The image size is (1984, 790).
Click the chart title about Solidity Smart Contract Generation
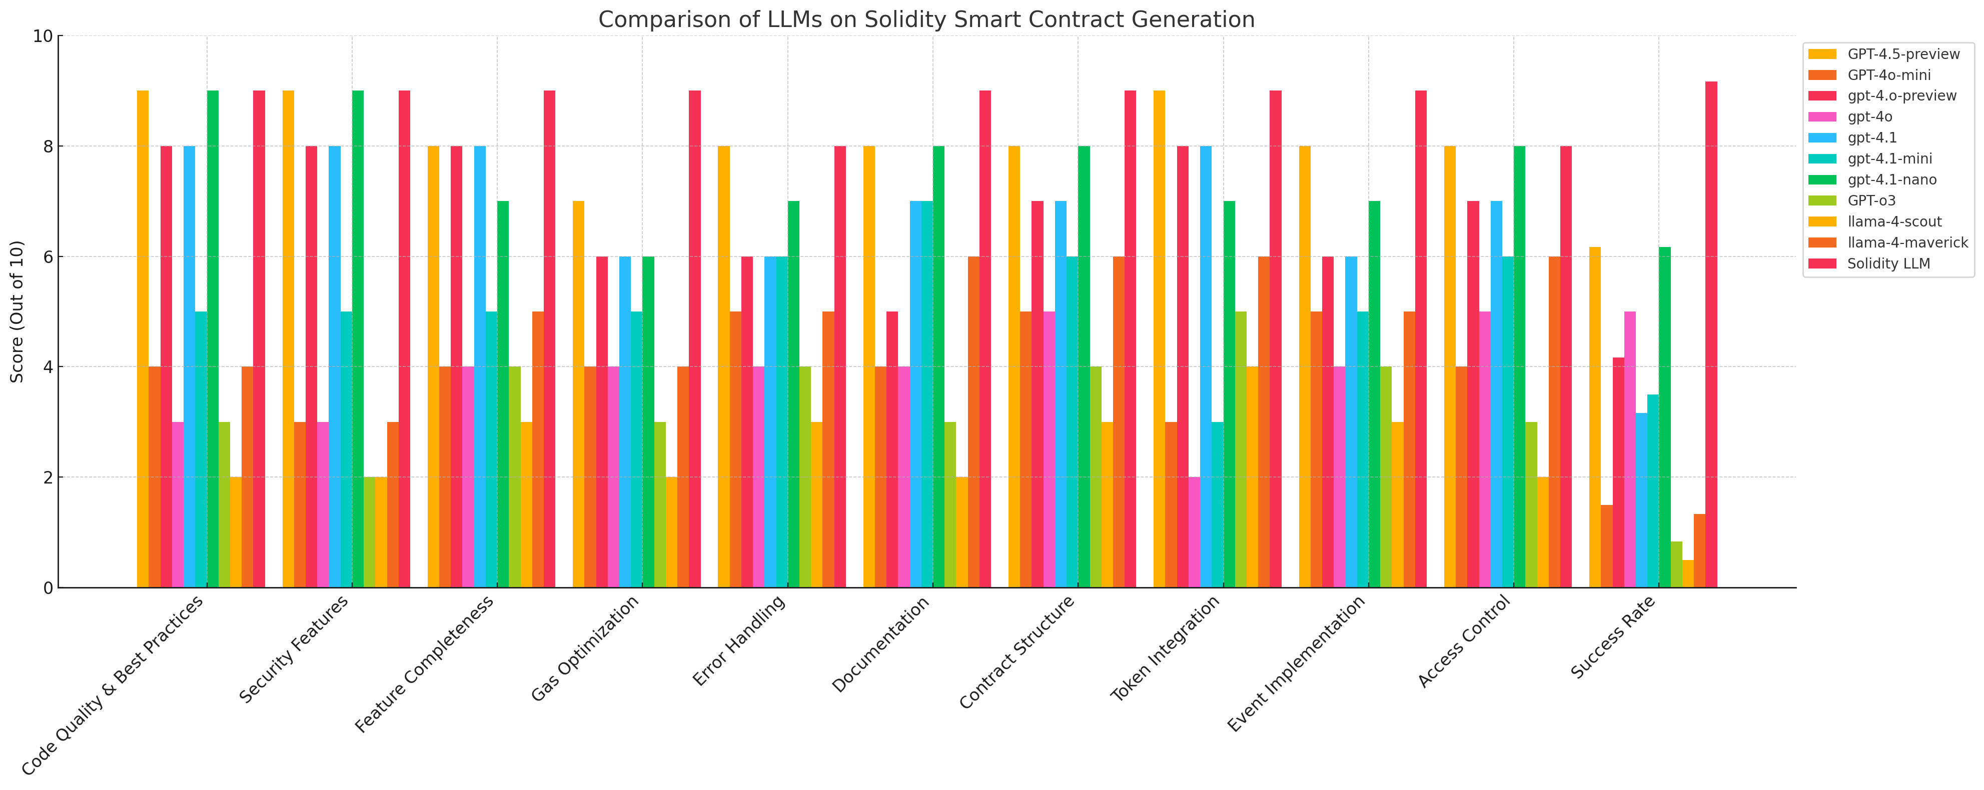coord(926,19)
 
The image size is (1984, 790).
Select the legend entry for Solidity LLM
coord(1888,263)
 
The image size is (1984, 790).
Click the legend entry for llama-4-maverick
coord(1907,242)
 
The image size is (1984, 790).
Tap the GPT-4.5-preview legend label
coord(1903,54)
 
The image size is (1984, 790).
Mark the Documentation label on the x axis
coord(882,643)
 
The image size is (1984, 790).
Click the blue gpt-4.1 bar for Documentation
coord(915,394)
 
